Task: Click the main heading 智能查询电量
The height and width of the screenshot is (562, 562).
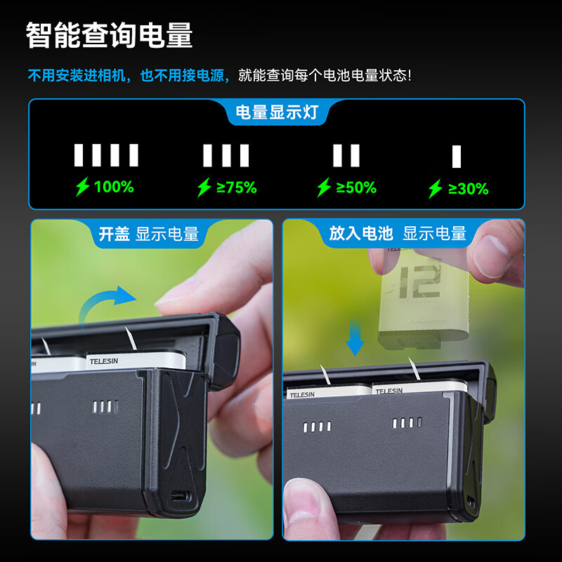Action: point(110,35)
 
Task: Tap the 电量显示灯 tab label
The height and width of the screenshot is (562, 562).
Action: point(277,112)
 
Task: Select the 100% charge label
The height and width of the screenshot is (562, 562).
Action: point(114,187)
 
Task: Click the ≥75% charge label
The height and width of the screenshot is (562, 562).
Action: point(237,188)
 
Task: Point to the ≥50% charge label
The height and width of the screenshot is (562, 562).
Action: point(356,188)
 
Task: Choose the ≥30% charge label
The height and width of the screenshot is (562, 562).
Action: point(468,189)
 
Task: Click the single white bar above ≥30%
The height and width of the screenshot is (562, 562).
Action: point(456,157)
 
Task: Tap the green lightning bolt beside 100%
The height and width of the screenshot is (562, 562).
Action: point(82,186)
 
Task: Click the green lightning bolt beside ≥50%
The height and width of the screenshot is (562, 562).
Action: point(324,187)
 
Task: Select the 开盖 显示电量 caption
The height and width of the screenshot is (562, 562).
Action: point(149,234)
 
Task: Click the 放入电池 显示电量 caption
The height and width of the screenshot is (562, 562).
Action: point(398,233)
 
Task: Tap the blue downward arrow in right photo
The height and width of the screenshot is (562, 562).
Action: point(355,337)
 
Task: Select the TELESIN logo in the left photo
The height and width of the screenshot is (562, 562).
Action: point(104,361)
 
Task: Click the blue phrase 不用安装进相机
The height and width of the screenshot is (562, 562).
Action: point(77,76)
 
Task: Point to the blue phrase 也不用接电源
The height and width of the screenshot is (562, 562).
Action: point(182,76)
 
